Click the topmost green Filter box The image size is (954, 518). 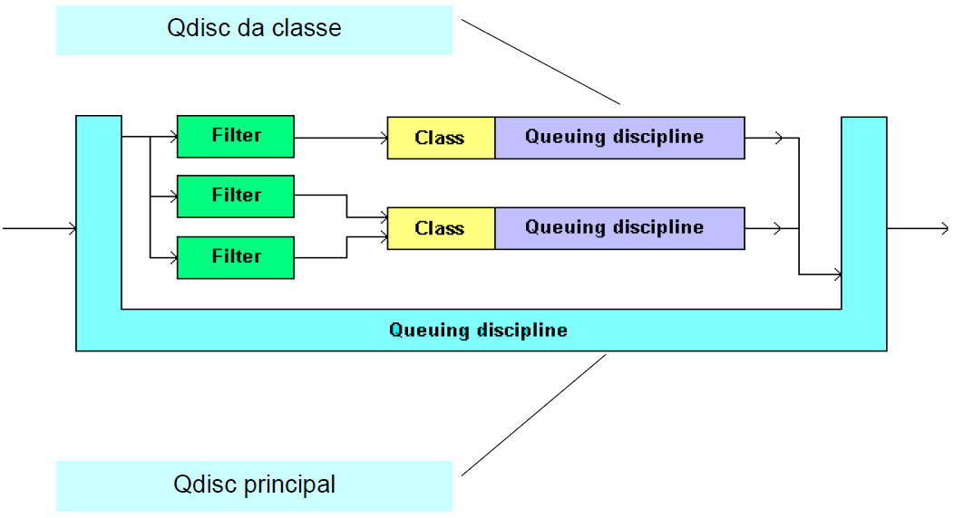[236, 137]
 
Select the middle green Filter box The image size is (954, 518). [236, 197]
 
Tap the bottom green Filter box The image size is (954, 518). [236, 257]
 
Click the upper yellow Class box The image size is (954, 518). [441, 138]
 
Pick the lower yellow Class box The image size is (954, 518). [441, 228]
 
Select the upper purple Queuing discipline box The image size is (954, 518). [619, 138]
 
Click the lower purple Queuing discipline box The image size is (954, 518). [619, 228]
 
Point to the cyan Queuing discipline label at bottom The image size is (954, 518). [478, 330]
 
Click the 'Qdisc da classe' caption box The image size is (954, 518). [254, 31]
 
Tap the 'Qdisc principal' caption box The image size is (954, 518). [254, 485]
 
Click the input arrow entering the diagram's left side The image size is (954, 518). [40, 228]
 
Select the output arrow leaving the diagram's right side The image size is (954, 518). [918, 228]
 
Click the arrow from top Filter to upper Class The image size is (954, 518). [341, 138]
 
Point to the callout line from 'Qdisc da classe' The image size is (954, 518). [540, 62]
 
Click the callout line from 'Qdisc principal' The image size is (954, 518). [533, 416]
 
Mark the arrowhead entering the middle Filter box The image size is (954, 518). [173, 197]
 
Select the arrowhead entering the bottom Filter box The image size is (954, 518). [173, 257]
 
